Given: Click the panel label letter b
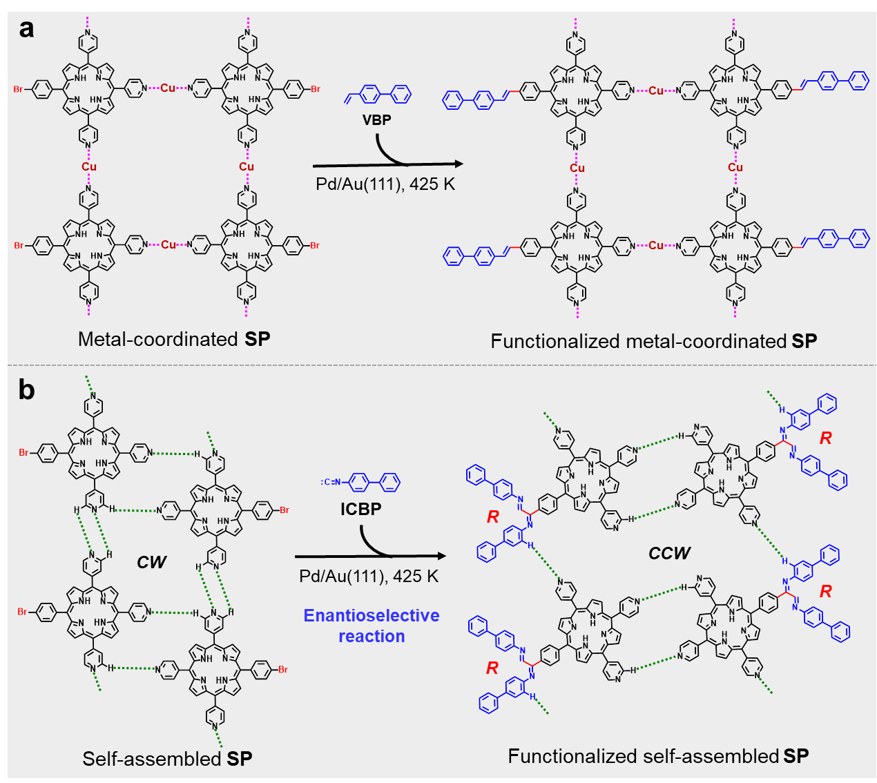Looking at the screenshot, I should (x=26, y=390).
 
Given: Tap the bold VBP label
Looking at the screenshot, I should (x=376, y=120).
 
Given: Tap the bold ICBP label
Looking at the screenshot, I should (x=360, y=510).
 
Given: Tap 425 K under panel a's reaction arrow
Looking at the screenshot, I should (x=432, y=184).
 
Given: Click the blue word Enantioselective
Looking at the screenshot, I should (x=372, y=615).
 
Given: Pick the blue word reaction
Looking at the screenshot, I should (x=372, y=636).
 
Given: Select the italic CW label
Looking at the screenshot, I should (x=151, y=562).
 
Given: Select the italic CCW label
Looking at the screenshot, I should (x=669, y=553).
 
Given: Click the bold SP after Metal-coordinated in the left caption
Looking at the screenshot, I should (x=258, y=339).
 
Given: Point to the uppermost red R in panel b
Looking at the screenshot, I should (x=825, y=438).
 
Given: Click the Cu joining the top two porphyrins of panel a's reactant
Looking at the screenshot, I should (x=168, y=88).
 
